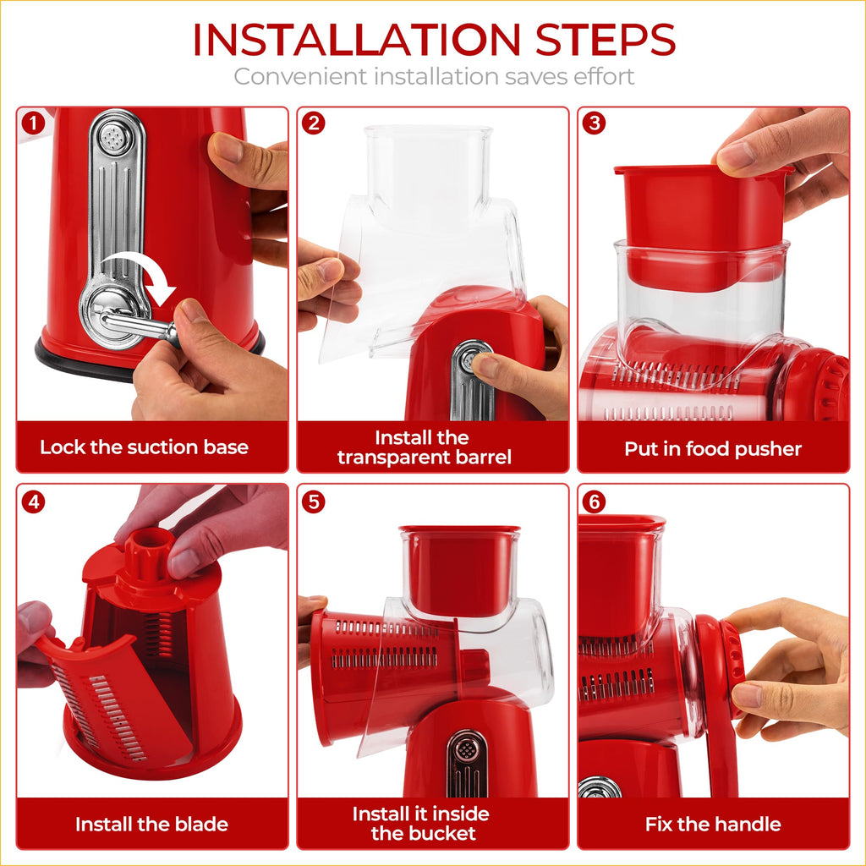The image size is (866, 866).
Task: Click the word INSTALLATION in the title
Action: pyautogui.click(x=354, y=40)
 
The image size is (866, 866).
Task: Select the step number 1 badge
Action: pyautogui.click(x=33, y=123)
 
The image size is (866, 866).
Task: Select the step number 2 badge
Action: pyautogui.click(x=314, y=123)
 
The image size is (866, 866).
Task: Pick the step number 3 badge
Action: pyautogui.click(x=595, y=123)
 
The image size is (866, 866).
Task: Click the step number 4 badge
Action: pyautogui.click(x=33, y=502)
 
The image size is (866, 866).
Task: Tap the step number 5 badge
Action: pyautogui.click(x=314, y=502)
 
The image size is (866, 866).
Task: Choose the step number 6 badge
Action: pyautogui.click(x=595, y=502)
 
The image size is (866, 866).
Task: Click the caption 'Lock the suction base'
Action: pyautogui.click(x=144, y=447)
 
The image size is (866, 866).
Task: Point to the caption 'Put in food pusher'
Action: pyautogui.click(x=712, y=449)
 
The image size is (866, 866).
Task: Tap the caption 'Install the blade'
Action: pyautogui.click(x=151, y=824)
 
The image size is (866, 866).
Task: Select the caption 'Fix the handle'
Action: pyautogui.click(x=712, y=824)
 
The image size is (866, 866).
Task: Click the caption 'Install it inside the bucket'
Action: pyautogui.click(x=420, y=824)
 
